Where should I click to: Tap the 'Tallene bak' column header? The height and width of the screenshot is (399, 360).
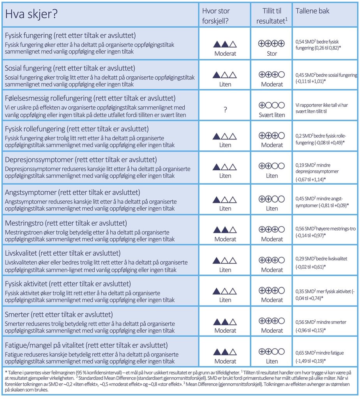point(313,11)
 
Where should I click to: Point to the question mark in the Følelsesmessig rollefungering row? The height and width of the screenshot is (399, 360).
point(225,110)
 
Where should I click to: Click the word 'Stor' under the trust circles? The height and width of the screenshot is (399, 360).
point(272,54)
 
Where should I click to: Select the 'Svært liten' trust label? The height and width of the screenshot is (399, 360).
point(272,115)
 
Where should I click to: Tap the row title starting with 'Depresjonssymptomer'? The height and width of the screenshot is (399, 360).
point(81,160)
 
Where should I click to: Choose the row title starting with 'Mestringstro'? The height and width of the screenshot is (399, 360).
point(66,223)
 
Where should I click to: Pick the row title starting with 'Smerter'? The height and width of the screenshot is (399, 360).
point(59,314)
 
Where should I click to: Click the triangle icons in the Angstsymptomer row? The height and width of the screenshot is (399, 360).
point(225,199)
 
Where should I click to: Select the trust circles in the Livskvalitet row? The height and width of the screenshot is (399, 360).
point(272,260)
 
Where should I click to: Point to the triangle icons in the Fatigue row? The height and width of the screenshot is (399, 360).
point(225,352)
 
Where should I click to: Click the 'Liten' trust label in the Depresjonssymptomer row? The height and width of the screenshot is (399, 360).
point(272,176)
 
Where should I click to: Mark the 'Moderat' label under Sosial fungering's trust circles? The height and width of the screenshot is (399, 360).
point(272,84)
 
